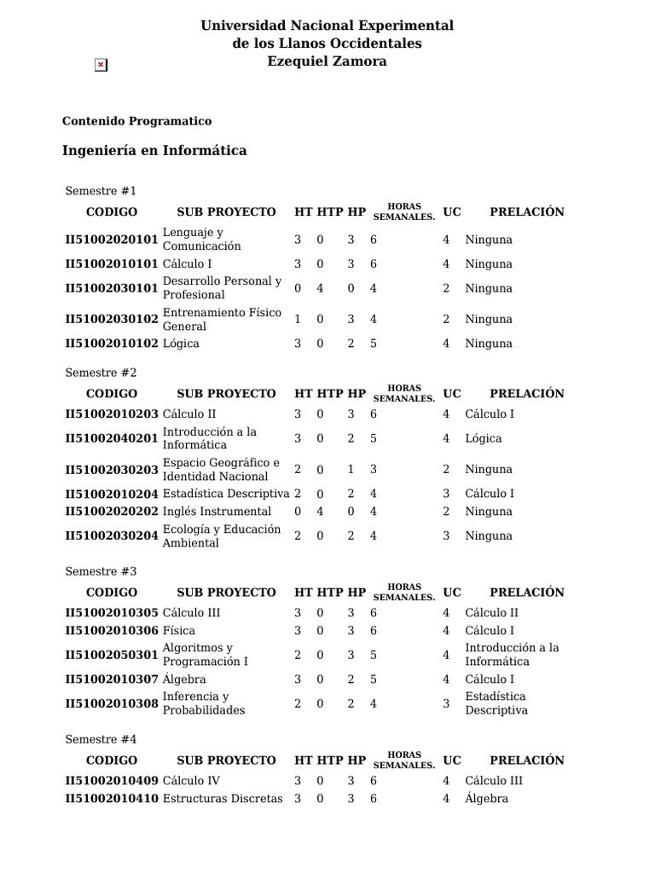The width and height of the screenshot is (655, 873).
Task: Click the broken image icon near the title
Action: click(x=101, y=65)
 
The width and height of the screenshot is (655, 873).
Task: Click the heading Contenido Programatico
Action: click(x=136, y=121)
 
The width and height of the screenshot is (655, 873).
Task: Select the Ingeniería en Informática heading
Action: click(x=154, y=151)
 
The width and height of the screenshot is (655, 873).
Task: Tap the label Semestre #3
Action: click(x=101, y=571)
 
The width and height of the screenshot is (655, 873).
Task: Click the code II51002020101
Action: click(x=112, y=240)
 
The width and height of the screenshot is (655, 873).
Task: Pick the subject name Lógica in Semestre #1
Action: click(x=181, y=344)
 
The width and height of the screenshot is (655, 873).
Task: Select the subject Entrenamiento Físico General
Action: click(x=222, y=320)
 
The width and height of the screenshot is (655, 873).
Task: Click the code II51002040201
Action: click(x=112, y=438)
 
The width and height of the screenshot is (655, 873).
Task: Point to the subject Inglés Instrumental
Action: click(x=217, y=512)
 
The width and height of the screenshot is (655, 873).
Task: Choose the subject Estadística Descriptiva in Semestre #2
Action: click(x=226, y=494)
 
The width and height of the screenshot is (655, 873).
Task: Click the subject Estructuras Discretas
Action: click(x=222, y=799)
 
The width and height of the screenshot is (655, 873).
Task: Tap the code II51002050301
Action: click(x=112, y=655)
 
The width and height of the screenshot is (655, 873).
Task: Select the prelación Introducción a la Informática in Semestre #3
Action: click(x=512, y=655)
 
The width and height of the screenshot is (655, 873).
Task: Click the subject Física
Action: click(x=178, y=631)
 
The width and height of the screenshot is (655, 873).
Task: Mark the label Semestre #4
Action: click(x=101, y=739)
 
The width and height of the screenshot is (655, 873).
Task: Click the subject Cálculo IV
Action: click(x=191, y=781)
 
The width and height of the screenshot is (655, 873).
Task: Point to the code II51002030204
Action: click(x=112, y=536)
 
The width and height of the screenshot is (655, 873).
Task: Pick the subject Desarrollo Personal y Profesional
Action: click(x=222, y=288)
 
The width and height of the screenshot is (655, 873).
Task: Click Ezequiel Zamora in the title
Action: click(x=327, y=61)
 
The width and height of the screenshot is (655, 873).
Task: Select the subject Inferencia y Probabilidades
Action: click(x=204, y=703)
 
